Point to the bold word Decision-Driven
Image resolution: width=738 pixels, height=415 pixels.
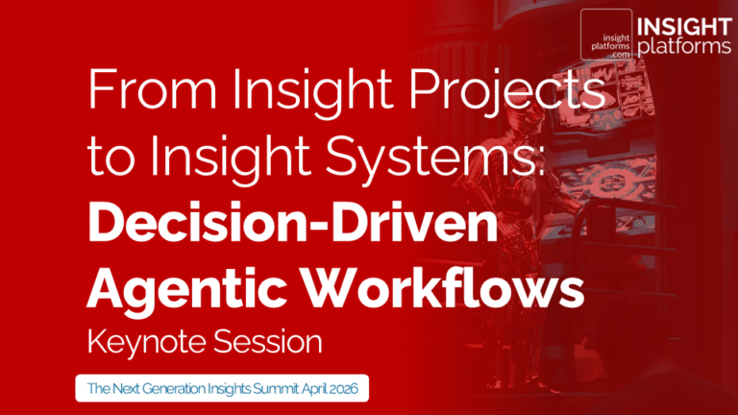(x=293, y=223)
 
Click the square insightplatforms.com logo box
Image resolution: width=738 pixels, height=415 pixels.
(x=606, y=35)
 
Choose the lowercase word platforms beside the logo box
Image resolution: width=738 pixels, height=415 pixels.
(x=681, y=45)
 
